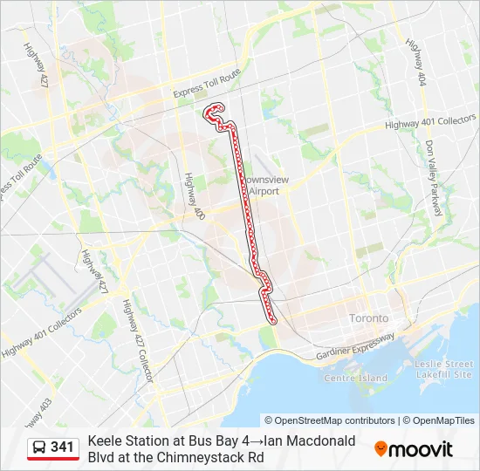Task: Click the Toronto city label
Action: (x=369, y=318)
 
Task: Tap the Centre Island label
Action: (x=354, y=378)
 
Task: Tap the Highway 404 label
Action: (x=415, y=64)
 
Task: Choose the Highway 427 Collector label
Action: (x=140, y=341)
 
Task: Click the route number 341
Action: (x=63, y=447)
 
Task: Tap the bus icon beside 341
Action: (x=40, y=447)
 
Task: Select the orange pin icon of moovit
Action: (x=381, y=448)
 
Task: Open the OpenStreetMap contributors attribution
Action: (x=330, y=420)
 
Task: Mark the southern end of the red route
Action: (x=274, y=321)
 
